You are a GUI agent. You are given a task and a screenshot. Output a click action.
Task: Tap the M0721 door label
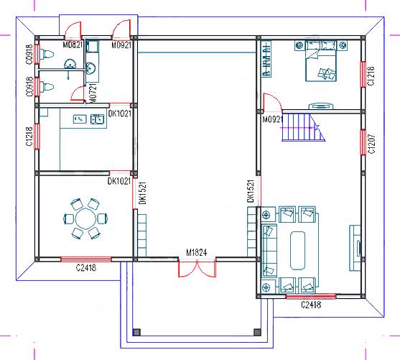(93, 91)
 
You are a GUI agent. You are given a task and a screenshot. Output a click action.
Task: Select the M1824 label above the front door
(196, 253)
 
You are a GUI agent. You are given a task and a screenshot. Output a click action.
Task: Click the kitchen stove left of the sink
(78, 119)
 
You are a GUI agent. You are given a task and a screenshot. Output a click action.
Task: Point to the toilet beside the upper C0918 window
(50, 53)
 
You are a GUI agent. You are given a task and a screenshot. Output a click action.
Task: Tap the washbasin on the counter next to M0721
(92, 68)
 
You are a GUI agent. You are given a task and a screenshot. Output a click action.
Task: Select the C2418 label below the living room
(310, 304)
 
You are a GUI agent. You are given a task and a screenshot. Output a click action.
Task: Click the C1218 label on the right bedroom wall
(371, 75)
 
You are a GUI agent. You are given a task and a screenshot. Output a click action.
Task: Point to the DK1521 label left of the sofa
(251, 194)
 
